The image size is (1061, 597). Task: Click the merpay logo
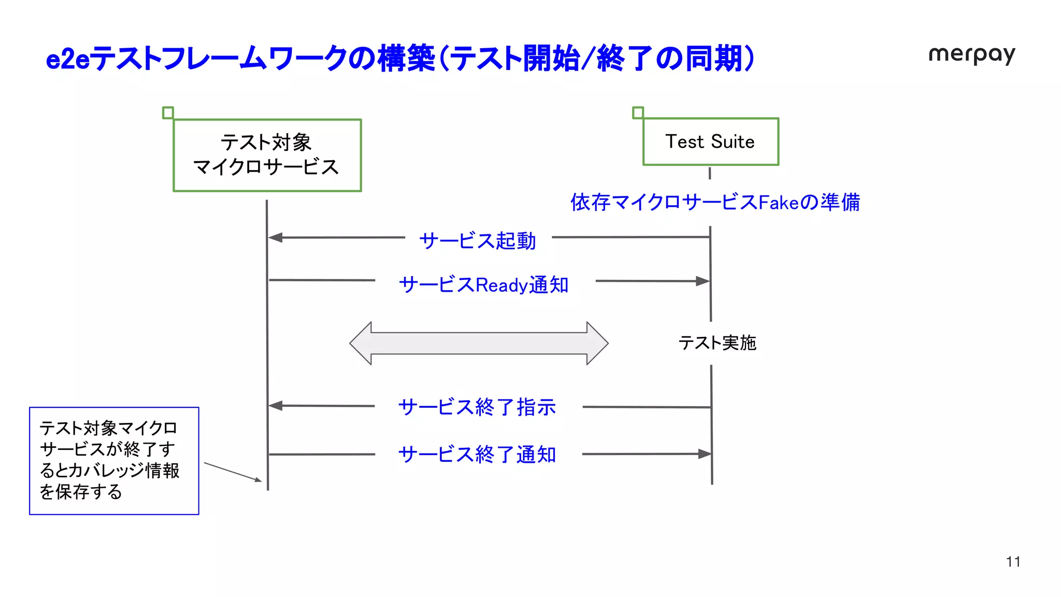tap(971, 55)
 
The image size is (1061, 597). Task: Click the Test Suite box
tap(710, 141)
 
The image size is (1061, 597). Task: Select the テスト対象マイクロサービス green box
tap(267, 155)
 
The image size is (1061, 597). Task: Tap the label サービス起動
tap(477, 241)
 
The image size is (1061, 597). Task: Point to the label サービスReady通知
tap(484, 285)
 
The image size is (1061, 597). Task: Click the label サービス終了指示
tap(477, 407)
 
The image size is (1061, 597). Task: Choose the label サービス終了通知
tap(477, 454)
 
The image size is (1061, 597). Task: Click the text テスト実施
tap(718, 343)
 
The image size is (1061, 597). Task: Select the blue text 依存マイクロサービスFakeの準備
tap(715, 202)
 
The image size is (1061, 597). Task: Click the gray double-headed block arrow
tap(479, 343)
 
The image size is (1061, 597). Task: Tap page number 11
tap(1013, 562)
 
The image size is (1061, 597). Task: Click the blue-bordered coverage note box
tap(114, 461)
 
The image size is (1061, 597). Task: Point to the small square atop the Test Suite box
tap(638, 112)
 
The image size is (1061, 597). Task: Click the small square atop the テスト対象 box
tap(168, 112)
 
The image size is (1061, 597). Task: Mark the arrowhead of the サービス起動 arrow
tap(275, 237)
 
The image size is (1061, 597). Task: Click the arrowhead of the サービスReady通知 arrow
tap(703, 281)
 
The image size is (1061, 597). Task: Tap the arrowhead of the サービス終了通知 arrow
tap(705, 454)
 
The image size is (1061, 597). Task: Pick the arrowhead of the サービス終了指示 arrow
tap(275, 406)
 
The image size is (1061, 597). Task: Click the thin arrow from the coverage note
tap(233, 472)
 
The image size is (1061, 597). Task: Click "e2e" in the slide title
tap(67, 59)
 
